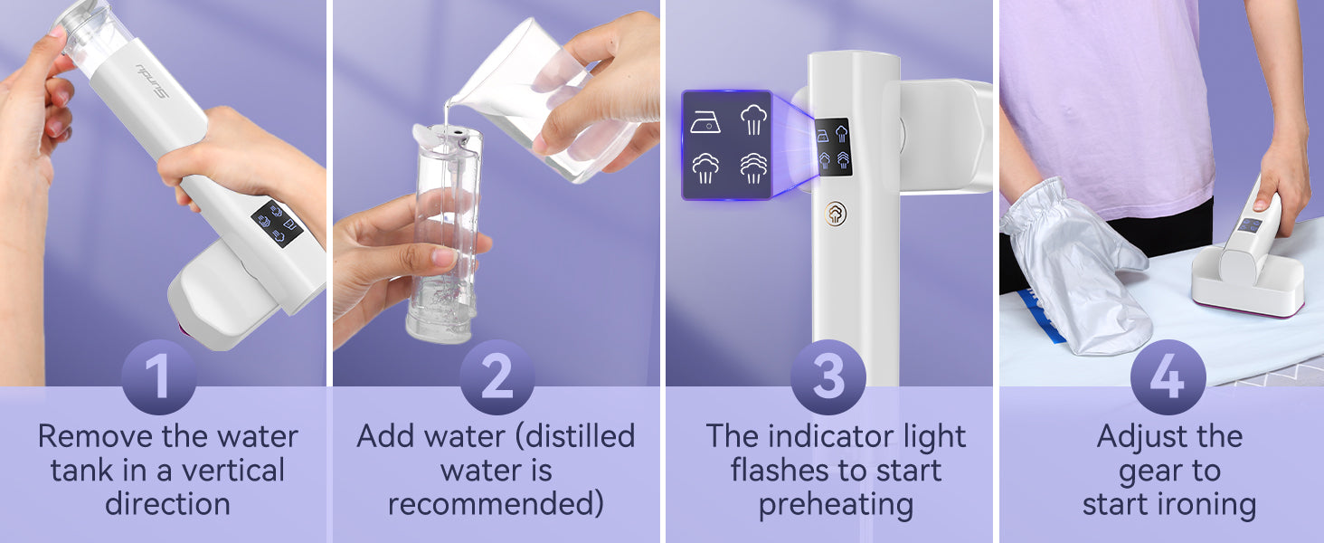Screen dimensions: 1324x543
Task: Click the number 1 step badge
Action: click(x=158, y=376)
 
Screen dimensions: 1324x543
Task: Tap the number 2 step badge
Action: click(x=497, y=376)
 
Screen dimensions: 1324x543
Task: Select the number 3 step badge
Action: click(x=828, y=376)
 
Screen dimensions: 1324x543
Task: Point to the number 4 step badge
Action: click(x=1168, y=376)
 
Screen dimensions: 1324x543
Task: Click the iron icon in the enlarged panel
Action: click(x=705, y=122)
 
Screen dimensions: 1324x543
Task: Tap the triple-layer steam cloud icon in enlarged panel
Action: click(x=753, y=168)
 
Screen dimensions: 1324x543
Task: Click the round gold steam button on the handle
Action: click(x=835, y=213)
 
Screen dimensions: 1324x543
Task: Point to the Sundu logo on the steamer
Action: click(x=153, y=81)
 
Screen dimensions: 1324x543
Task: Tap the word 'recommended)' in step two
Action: click(x=496, y=504)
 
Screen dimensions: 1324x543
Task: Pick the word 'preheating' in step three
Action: click(x=836, y=505)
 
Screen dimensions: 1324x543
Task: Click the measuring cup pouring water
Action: click(x=547, y=98)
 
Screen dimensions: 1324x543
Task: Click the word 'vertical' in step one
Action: click(x=233, y=471)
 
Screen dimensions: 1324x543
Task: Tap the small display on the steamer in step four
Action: click(x=1250, y=225)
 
